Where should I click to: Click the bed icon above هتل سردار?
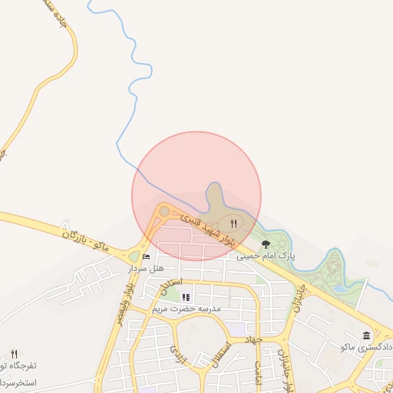click(146, 256)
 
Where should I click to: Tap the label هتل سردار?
click(146, 268)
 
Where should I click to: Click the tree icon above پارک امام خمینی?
click(266, 243)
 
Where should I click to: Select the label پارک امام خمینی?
click(266, 255)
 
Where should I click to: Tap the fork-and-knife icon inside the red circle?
click(234, 223)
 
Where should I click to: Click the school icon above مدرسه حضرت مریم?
click(186, 297)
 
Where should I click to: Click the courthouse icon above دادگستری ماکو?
click(366, 336)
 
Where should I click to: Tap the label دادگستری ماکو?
click(362, 348)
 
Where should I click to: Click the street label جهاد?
click(253, 338)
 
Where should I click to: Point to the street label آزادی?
click(176, 354)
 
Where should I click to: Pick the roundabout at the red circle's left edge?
click(163, 211)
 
